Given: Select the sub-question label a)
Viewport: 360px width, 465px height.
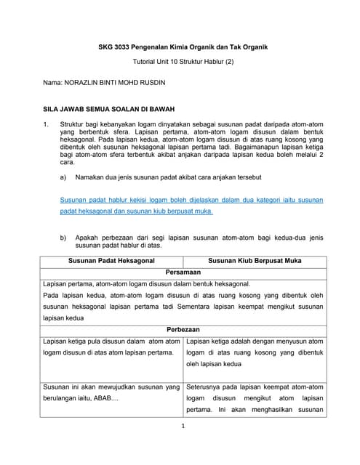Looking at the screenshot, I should click(63, 177).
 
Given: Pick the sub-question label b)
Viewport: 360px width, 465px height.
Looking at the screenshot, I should click(63, 238).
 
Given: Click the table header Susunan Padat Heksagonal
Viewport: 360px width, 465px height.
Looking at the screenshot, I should click(113, 259).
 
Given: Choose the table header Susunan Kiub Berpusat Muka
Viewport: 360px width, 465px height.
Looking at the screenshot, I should click(255, 259).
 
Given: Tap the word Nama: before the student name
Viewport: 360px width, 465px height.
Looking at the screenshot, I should click(55, 84).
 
